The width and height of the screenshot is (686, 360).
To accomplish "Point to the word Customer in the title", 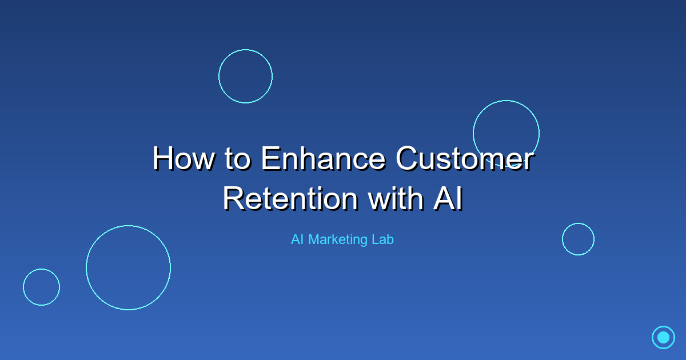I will (464, 158).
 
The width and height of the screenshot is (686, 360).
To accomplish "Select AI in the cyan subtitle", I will (297, 239).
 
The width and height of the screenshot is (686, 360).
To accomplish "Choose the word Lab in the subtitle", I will (382, 239).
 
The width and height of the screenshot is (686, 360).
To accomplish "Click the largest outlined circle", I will (128, 267).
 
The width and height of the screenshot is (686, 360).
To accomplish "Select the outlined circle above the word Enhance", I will (245, 76).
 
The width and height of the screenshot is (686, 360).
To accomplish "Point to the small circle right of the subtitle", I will (578, 239).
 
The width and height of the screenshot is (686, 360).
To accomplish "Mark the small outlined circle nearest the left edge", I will (41, 287).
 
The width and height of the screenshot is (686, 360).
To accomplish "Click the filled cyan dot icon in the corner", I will (663, 337).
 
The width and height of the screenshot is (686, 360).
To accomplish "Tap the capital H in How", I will (163, 158).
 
